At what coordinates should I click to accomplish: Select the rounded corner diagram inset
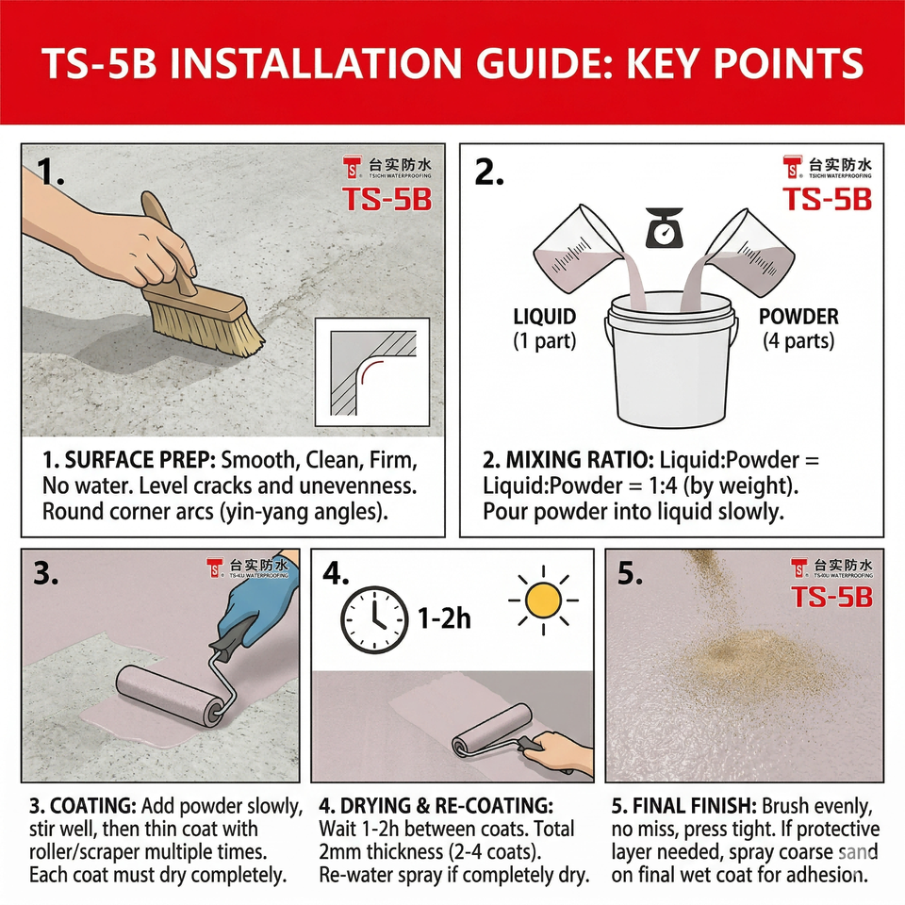pyautogui.click(x=372, y=372)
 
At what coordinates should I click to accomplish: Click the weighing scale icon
pyautogui.click(x=664, y=227)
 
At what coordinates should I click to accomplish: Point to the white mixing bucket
pyautogui.click(x=671, y=359)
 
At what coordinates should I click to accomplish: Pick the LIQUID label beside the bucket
pyautogui.click(x=544, y=317)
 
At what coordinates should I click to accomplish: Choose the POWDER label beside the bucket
pyautogui.click(x=798, y=317)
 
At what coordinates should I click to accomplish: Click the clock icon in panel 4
pyautogui.click(x=374, y=620)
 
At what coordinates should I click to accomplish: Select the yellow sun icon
pyautogui.click(x=543, y=601)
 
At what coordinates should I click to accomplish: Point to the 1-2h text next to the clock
pyautogui.click(x=444, y=618)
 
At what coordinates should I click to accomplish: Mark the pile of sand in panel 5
pyautogui.click(x=750, y=664)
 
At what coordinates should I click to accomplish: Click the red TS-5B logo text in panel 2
pyautogui.click(x=827, y=200)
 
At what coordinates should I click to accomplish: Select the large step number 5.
pyautogui.click(x=630, y=574)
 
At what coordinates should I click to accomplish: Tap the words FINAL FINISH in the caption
pyautogui.click(x=695, y=806)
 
